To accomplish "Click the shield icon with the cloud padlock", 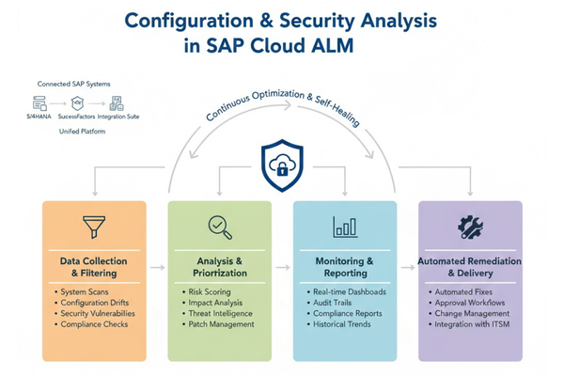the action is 282,165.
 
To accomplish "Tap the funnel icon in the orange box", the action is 94,227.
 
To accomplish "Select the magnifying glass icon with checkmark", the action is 220,227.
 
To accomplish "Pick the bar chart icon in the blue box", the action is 345,227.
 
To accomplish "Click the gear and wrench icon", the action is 470,227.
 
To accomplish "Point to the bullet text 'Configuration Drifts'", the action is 95,303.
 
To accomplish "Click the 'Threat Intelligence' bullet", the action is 221,313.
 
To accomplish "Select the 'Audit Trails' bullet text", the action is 333,303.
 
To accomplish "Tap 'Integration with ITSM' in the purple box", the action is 472,324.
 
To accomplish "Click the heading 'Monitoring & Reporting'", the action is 345,267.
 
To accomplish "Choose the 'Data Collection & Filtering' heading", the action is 93,267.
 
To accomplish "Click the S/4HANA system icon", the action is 39,102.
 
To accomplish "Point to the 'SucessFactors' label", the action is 77,117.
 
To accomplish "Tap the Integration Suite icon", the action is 117,103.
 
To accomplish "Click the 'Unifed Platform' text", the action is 83,132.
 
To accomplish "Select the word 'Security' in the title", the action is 318,22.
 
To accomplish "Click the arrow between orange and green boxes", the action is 157,267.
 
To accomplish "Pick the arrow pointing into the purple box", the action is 408,267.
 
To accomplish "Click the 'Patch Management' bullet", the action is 221,324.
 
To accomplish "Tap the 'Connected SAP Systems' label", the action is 73,84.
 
